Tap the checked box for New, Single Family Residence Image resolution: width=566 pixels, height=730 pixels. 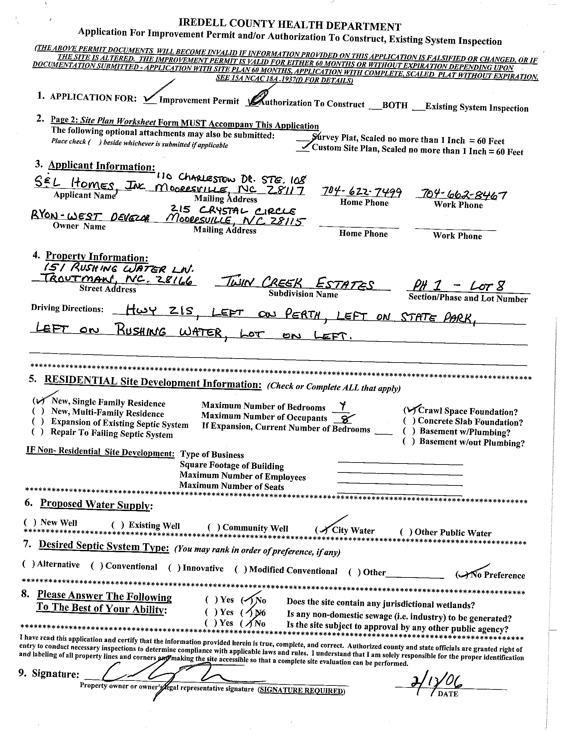(x=39, y=400)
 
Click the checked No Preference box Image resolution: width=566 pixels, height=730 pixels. (x=462, y=574)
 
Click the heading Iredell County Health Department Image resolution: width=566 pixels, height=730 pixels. (x=290, y=26)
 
